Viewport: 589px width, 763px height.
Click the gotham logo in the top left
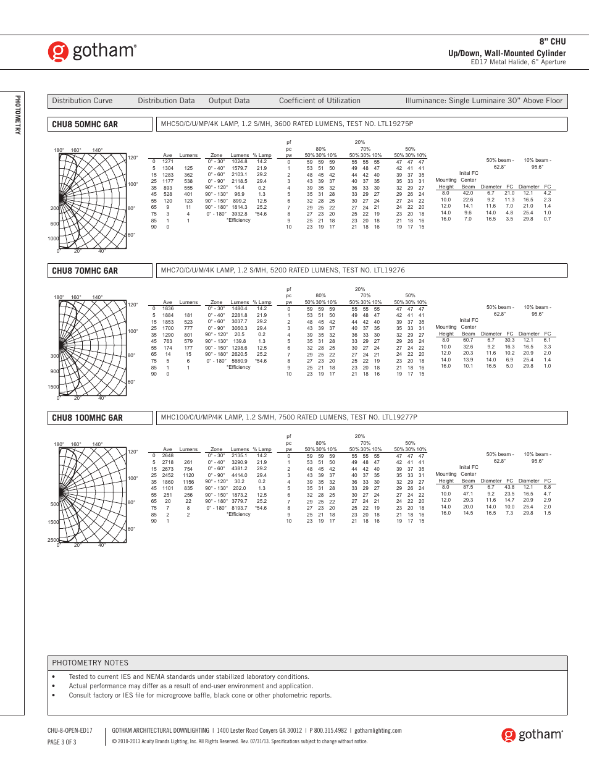click(x=93, y=51)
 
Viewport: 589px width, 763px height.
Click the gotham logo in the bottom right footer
click(x=532, y=735)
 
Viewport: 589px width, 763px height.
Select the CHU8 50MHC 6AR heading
click(x=85, y=124)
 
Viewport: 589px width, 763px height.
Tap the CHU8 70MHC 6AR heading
click(x=85, y=271)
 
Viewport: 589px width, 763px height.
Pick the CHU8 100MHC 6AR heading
click(x=88, y=418)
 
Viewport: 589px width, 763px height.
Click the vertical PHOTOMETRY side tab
click(x=17, y=115)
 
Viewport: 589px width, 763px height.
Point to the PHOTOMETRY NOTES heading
click(x=90, y=663)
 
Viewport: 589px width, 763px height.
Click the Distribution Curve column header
click(x=82, y=101)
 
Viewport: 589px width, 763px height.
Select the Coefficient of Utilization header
click(x=319, y=101)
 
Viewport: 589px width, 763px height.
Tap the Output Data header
click(x=229, y=101)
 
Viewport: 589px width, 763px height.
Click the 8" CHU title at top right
click(x=552, y=41)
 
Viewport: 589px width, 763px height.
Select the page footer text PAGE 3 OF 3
click(x=62, y=742)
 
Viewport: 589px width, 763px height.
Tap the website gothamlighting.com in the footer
click(x=378, y=730)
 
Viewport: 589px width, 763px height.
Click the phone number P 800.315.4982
click(x=328, y=730)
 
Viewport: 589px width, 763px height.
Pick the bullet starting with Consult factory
click(x=200, y=695)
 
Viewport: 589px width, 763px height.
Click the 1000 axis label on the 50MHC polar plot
click(x=53, y=238)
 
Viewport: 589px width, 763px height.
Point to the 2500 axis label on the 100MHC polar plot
click(x=53, y=540)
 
